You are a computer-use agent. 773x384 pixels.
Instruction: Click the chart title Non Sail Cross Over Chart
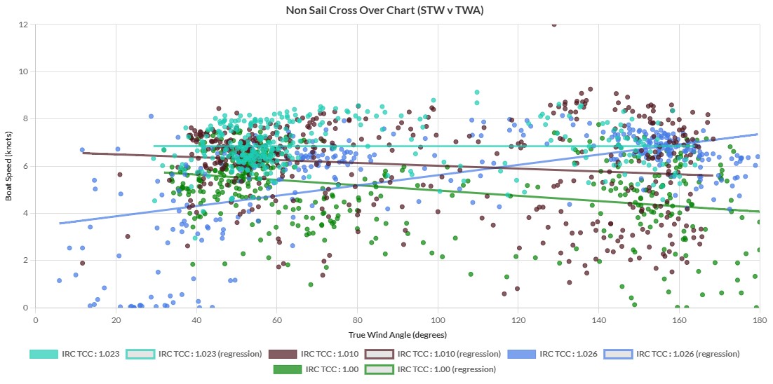[x=385, y=11]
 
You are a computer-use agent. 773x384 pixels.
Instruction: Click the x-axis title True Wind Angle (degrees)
[x=396, y=334]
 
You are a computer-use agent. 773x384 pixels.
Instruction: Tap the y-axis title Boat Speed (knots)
[x=9, y=165]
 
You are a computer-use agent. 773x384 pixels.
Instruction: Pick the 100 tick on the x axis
[x=438, y=318]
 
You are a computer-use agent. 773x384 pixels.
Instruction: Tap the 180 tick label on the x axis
[x=758, y=318]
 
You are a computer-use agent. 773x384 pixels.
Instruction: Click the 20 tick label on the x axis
[x=116, y=318]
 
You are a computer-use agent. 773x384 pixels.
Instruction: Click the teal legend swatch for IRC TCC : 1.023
[x=43, y=354]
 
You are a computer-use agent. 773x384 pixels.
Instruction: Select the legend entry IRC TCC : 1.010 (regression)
[x=449, y=354]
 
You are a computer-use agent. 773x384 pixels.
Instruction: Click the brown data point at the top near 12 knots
[x=554, y=25]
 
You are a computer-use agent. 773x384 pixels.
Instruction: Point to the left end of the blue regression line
[x=60, y=223]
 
